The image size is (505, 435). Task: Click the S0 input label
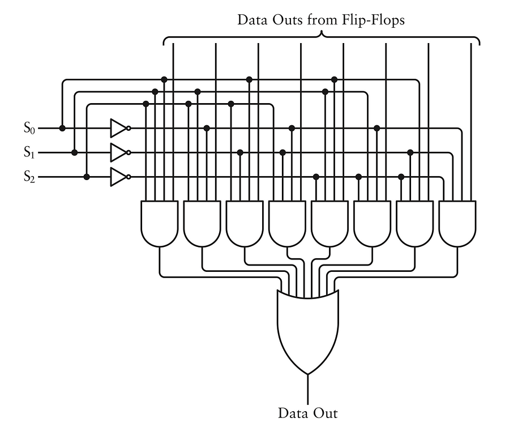point(29,129)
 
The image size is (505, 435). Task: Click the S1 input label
point(29,152)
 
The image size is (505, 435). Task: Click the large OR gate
point(308,329)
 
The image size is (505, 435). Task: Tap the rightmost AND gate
point(457,223)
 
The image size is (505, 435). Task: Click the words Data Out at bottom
point(307,413)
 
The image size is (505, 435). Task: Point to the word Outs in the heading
point(292,20)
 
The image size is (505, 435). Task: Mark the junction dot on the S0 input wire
point(62,129)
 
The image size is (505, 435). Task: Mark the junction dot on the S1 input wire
point(75,152)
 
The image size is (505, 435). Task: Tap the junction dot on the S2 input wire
point(87,177)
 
